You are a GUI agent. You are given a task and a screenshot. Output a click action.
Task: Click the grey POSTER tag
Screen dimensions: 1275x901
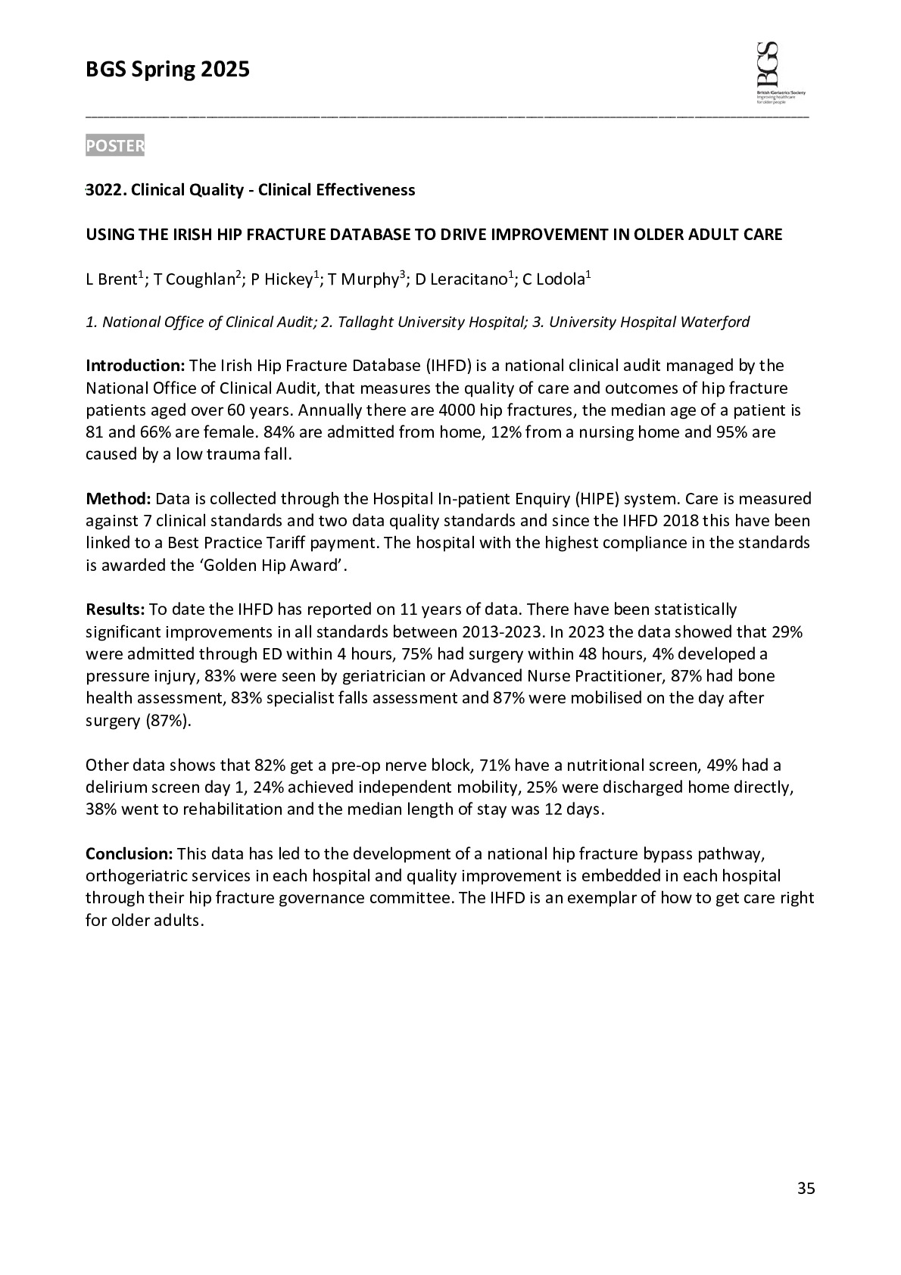114,145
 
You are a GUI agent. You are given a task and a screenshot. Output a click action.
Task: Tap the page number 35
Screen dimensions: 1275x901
806,1188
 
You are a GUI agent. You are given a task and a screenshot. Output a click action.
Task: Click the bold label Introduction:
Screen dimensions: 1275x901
135,366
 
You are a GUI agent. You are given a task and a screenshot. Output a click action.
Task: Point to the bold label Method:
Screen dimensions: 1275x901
119,498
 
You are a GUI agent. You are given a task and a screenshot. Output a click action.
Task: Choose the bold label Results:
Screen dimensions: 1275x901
115,609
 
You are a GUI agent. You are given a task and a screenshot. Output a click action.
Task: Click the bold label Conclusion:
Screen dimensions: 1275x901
129,854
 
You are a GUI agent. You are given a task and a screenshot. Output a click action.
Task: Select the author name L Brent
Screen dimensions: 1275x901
111,280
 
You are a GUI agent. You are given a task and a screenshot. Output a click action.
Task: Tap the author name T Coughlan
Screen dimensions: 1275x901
194,280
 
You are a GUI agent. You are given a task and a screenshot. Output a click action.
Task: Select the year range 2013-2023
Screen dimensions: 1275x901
497,631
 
